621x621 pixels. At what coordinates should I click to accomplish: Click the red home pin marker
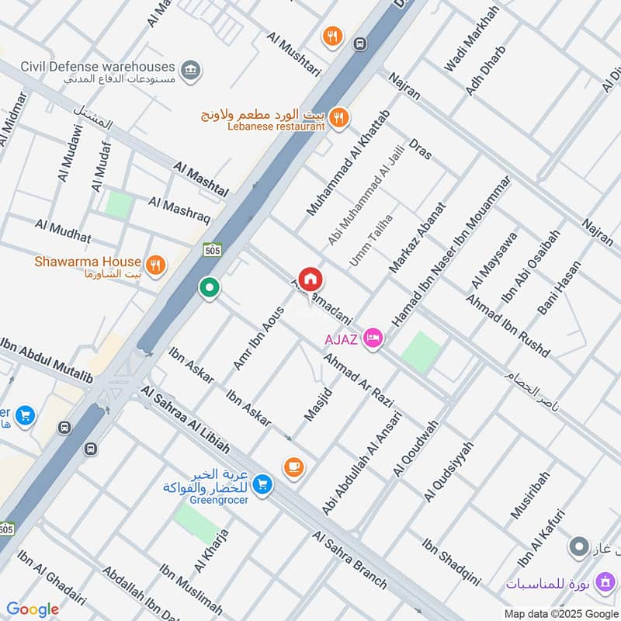pyautogui.click(x=310, y=280)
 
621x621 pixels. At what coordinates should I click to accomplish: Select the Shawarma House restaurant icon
pyautogui.click(x=156, y=265)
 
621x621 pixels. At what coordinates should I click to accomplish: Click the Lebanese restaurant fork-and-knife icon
pyautogui.click(x=338, y=118)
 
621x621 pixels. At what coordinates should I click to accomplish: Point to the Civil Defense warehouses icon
pyautogui.click(x=189, y=71)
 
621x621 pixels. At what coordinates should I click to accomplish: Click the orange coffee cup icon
pyautogui.click(x=293, y=467)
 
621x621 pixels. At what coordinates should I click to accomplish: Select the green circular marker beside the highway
pyautogui.click(x=208, y=288)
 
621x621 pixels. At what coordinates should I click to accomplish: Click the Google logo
pyautogui.click(x=33, y=609)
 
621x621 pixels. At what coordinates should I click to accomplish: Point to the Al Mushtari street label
pyautogui.click(x=293, y=53)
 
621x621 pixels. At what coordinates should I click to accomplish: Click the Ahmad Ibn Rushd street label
pyautogui.click(x=508, y=325)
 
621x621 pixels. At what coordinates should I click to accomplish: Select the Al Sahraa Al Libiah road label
pyautogui.click(x=186, y=419)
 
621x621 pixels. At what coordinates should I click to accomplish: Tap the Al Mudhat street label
pyautogui.click(x=63, y=231)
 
